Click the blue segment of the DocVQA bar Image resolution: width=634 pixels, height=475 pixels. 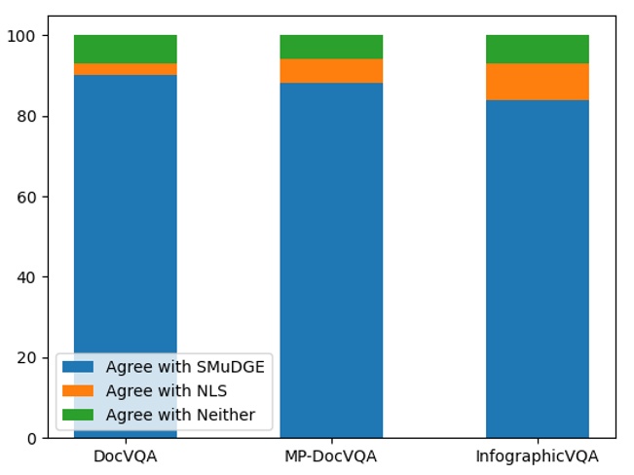coord(125,214)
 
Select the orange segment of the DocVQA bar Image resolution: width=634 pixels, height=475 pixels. coord(125,69)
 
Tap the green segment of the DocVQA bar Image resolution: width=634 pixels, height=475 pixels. coord(125,49)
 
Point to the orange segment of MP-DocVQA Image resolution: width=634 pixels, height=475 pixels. coord(331,71)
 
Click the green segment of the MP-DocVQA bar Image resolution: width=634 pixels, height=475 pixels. coord(331,47)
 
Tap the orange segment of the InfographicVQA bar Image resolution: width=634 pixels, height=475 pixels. coord(537,82)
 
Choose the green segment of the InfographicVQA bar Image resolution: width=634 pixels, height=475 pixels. coord(537,49)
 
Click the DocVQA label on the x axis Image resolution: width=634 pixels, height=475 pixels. coord(125,456)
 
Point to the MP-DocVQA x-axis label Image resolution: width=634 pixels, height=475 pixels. coord(331,456)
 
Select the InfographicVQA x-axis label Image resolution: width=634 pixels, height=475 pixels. coord(537,456)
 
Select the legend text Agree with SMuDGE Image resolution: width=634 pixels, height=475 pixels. coord(185,367)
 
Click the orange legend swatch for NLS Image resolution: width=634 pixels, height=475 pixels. coord(78,391)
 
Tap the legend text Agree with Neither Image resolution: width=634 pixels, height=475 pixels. coord(180,416)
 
